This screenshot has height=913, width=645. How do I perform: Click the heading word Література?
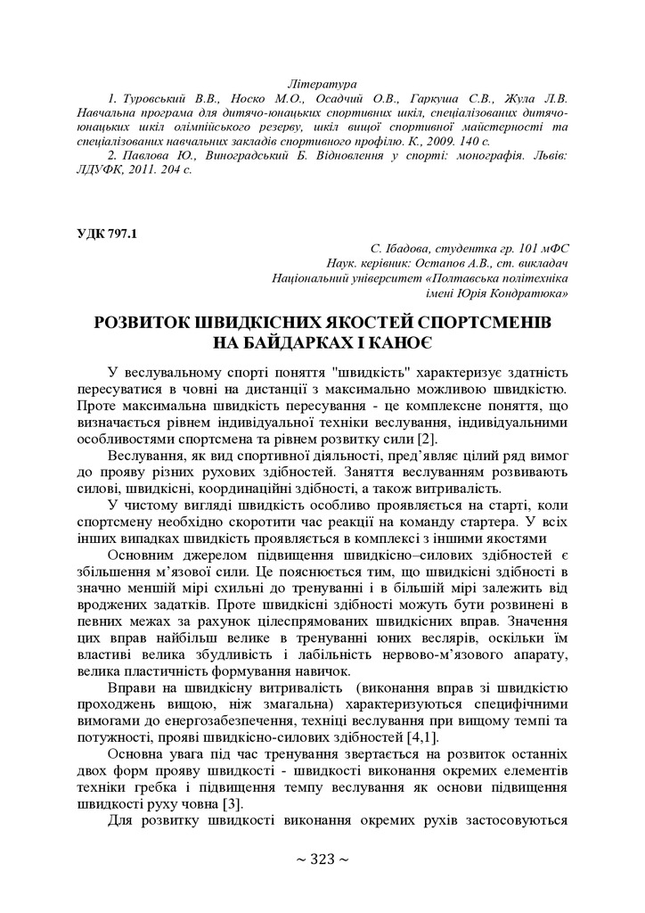pos(322,83)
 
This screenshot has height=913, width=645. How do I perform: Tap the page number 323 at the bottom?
pos(322,859)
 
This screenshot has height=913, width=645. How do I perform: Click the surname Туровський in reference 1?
pos(155,98)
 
